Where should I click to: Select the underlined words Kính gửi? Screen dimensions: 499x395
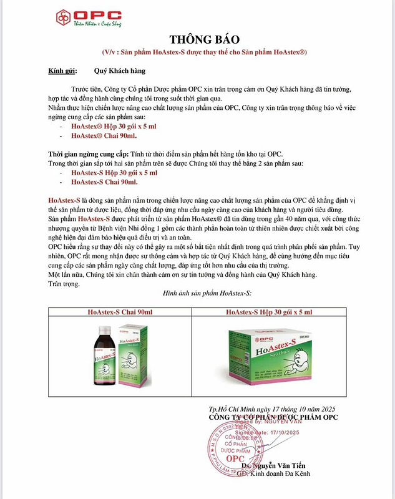coord(61,71)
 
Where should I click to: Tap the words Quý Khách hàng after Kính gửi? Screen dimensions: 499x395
coord(117,71)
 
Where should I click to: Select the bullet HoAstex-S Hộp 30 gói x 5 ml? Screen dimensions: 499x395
coord(114,172)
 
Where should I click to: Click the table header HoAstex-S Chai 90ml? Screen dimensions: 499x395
coord(119,311)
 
